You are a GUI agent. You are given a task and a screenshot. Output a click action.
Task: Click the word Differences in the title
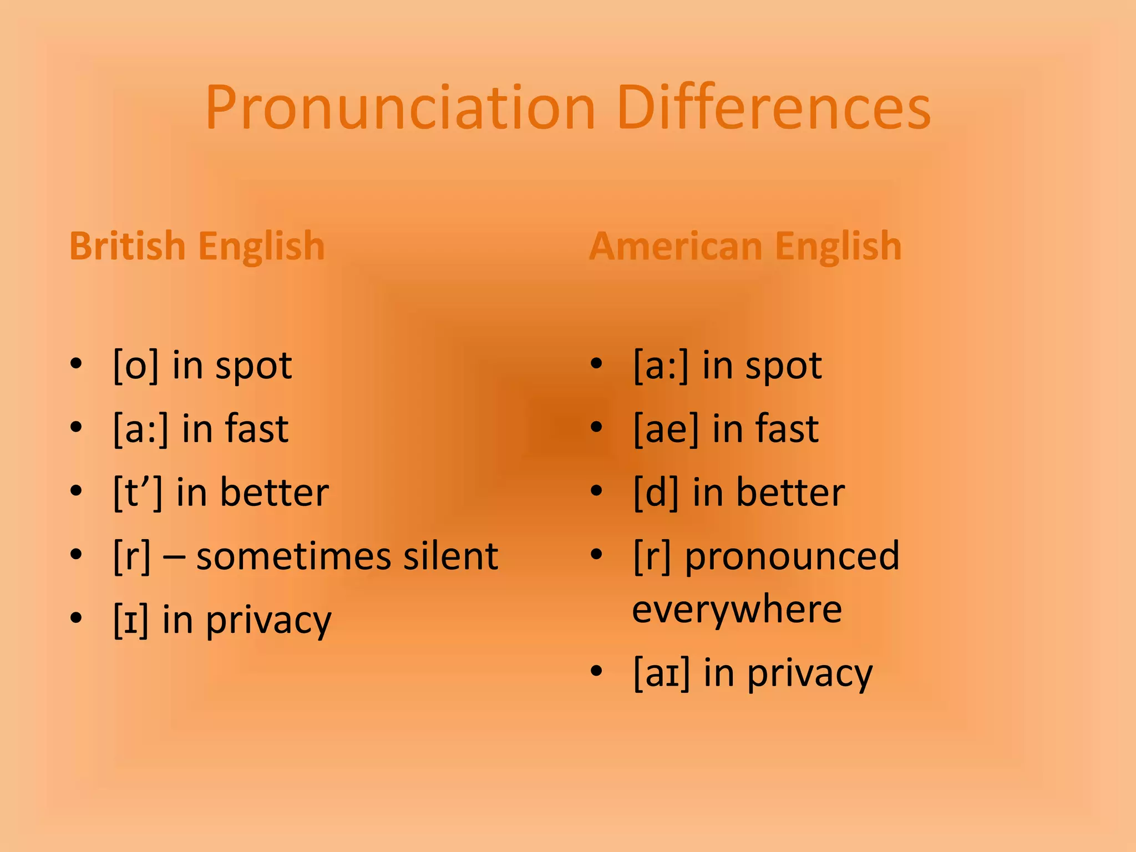click(x=773, y=108)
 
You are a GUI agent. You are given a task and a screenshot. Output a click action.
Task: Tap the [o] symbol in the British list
click(x=136, y=366)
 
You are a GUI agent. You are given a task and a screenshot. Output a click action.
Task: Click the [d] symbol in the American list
click(x=656, y=493)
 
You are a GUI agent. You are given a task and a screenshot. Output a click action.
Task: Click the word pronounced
click(x=792, y=556)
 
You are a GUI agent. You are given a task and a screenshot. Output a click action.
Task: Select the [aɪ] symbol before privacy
click(x=661, y=673)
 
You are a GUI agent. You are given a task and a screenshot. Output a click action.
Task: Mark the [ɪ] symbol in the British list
click(x=131, y=620)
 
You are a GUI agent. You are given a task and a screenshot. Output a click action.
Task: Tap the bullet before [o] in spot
click(x=77, y=364)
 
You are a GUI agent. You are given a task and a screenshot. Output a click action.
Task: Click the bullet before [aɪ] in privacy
click(x=596, y=671)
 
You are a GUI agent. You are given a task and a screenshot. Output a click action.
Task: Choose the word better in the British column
click(x=274, y=493)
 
